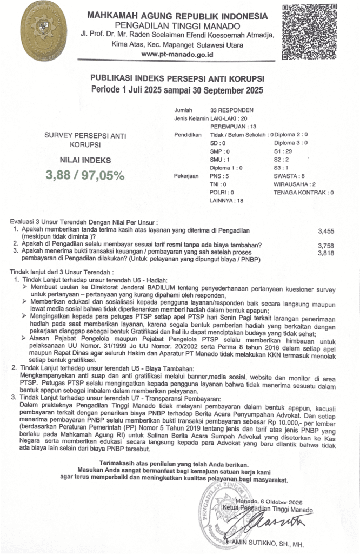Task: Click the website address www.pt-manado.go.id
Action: [177, 54]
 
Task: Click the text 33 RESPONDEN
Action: [231, 110]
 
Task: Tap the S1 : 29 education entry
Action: [284, 151]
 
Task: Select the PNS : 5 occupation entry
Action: [219, 176]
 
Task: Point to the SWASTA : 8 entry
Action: [289, 176]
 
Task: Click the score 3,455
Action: [326, 231]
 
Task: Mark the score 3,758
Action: [326, 246]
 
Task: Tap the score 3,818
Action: [326, 253]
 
